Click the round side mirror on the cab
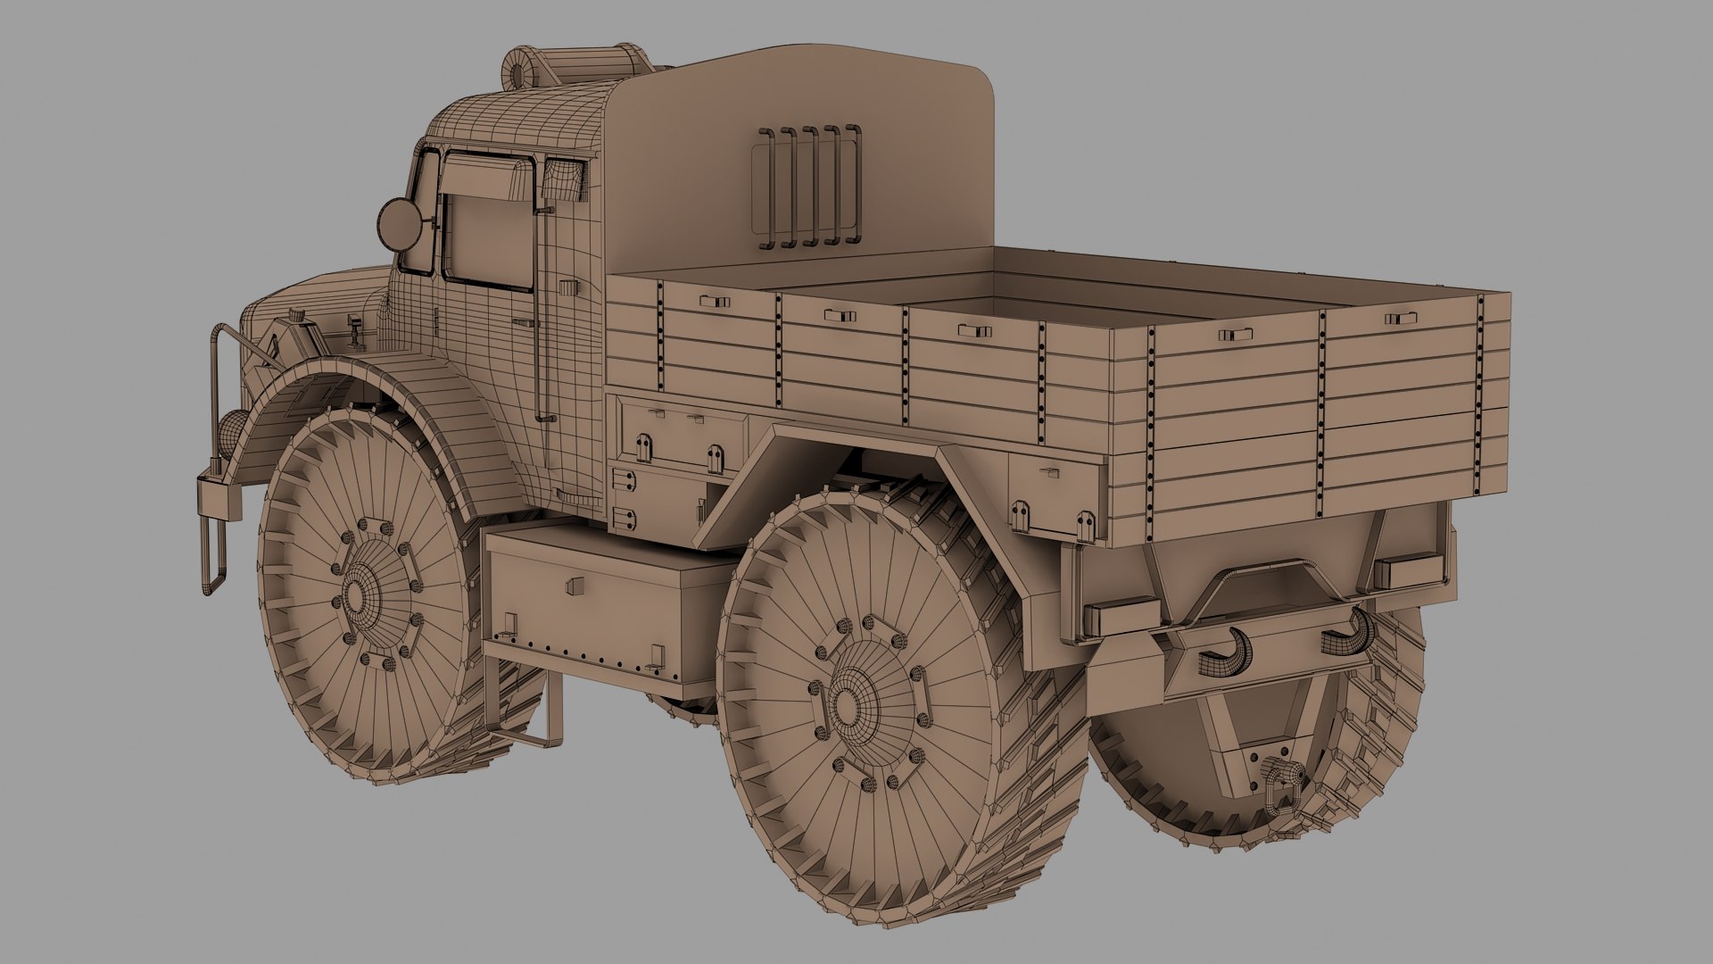pos(399,224)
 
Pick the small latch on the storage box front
pos(575,585)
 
